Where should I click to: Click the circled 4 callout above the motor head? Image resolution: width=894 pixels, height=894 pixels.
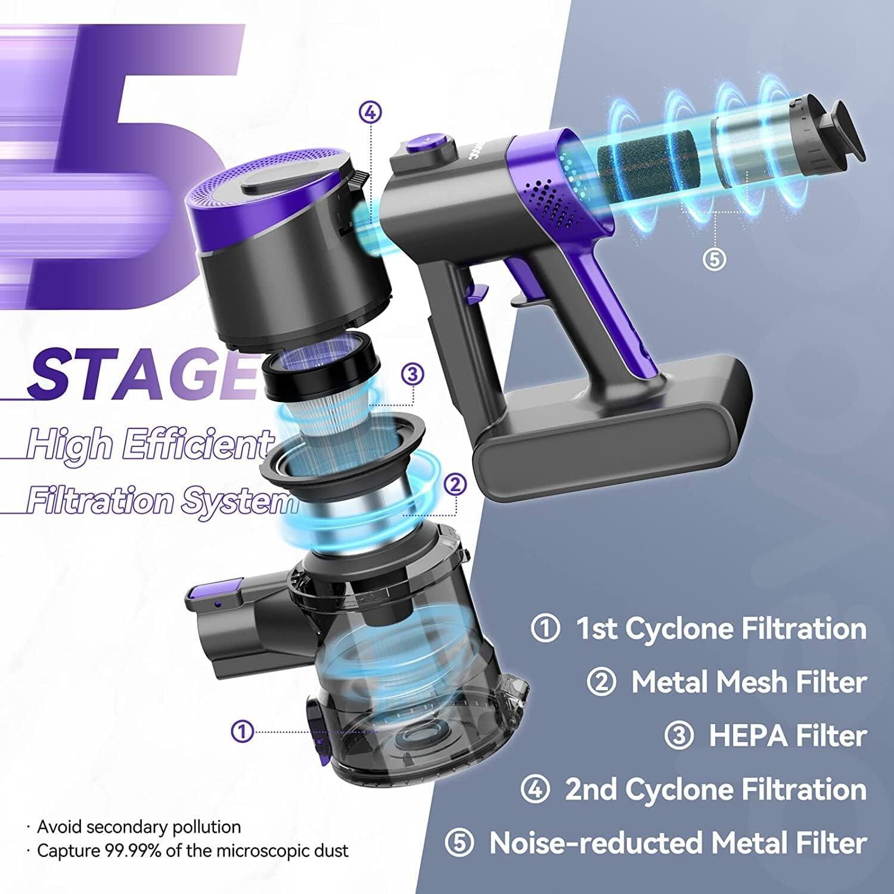370,112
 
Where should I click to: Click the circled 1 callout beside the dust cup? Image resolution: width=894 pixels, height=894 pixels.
243,731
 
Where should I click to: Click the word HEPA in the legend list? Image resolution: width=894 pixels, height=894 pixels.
747,735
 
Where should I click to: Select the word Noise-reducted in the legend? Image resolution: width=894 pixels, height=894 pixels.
596,843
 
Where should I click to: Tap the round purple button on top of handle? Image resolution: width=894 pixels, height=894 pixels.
427,142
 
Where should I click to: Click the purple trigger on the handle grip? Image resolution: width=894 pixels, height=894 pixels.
474,290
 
